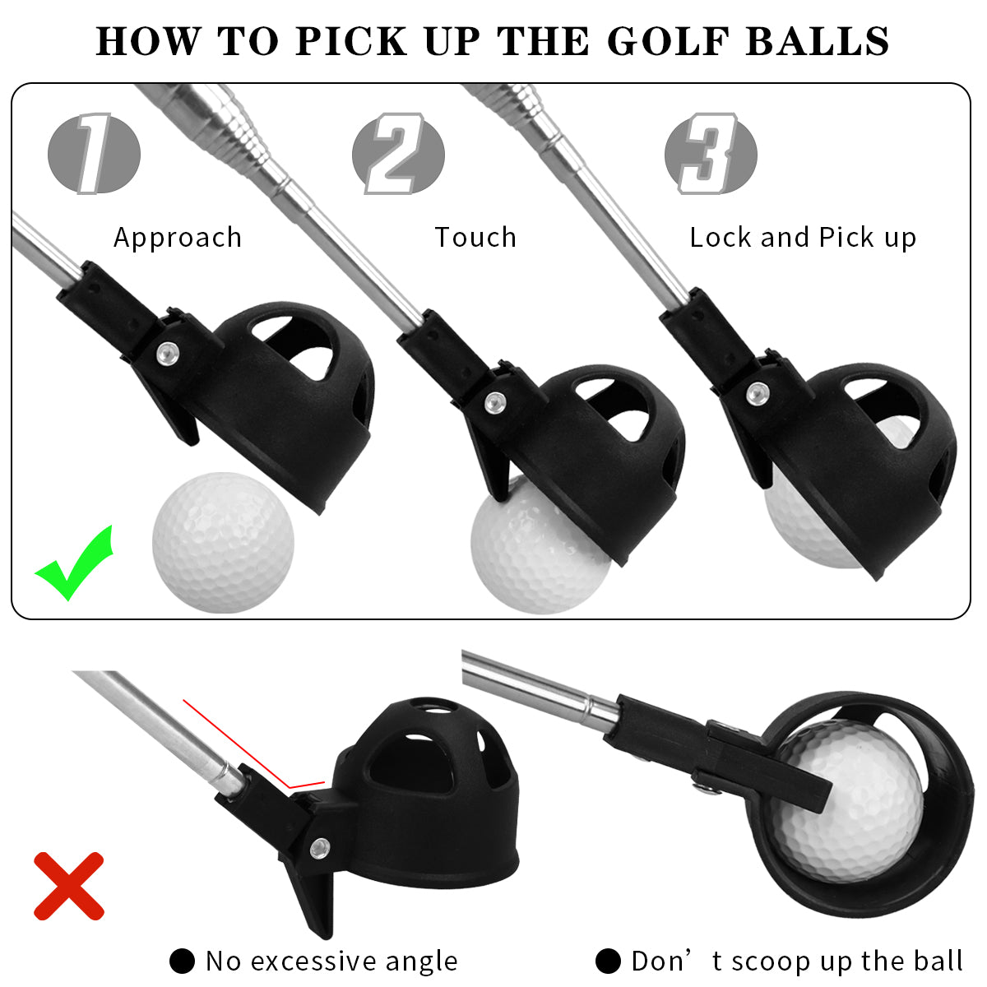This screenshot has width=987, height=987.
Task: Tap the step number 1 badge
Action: tap(94, 154)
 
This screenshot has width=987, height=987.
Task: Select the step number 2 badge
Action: tap(398, 154)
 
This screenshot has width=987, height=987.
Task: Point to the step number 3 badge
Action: tap(711, 154)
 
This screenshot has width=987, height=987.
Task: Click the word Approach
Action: tap(178, 238)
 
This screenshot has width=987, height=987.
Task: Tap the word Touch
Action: tap(475, 238)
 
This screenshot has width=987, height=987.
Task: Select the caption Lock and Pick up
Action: tap(803, 238)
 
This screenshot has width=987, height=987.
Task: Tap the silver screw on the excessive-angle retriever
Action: tap(320, 846)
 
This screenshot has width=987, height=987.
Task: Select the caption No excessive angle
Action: tap(331, 961)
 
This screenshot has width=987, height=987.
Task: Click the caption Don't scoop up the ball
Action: tap(796, 961)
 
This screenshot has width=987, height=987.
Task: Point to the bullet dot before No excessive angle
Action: tap(182, 961)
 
